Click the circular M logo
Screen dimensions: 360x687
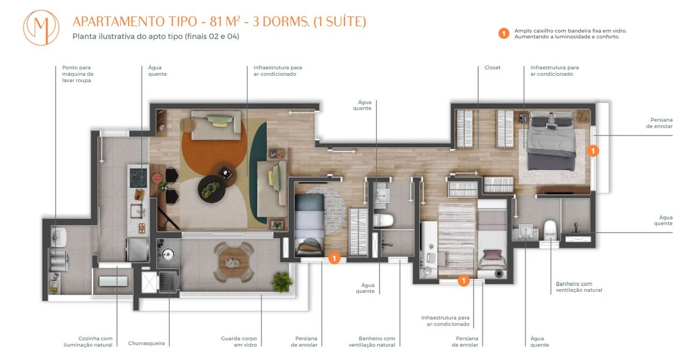(41, 27)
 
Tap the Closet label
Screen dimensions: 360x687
(492, 68)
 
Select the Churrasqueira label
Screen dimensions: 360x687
(146, 343)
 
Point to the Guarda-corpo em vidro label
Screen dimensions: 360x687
(239, 341)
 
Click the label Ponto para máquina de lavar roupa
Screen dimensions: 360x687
(78, 74)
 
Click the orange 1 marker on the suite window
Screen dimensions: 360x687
(593, 151)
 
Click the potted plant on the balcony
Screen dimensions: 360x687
(281, 280)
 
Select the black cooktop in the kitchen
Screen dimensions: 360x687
(137, 175)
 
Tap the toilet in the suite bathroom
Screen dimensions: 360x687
(550, 230)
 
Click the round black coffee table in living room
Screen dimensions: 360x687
(212, 189)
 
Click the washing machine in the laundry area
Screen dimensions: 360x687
(60, 259)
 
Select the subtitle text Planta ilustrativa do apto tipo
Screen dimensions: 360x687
(156, 36)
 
